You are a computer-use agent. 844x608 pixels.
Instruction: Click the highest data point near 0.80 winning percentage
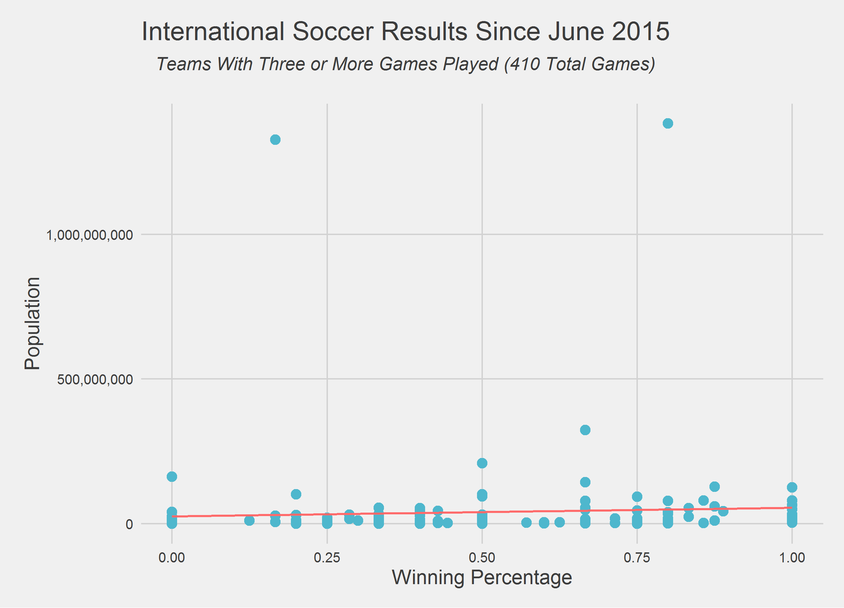pos(668,123)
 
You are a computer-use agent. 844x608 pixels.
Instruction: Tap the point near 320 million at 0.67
pos(585,430)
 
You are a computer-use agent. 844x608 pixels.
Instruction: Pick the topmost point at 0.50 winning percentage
pos(482,463)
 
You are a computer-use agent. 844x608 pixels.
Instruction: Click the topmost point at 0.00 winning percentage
pos(172,477)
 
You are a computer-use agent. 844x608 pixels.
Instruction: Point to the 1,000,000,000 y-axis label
pos(89,235)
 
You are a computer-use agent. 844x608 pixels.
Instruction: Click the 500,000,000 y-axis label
pos(95,380)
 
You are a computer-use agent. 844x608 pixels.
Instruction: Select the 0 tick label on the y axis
pos(129,524)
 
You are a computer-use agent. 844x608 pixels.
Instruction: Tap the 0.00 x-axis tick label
pos(172,558)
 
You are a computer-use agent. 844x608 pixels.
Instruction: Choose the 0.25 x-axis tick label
pos(327,558)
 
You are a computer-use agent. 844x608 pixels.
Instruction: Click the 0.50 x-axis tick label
pos(482,558)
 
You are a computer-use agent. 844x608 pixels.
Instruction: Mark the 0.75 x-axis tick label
pos(637,558)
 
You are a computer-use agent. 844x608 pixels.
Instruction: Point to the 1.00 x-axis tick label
pos(792,558)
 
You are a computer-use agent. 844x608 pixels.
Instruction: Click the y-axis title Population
pos(33,324)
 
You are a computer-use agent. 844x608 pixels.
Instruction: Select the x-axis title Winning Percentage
pos(482,578)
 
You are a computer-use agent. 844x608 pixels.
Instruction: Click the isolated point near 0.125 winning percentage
pos(249,520)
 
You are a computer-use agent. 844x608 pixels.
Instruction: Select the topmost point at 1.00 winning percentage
pos(792,487)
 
